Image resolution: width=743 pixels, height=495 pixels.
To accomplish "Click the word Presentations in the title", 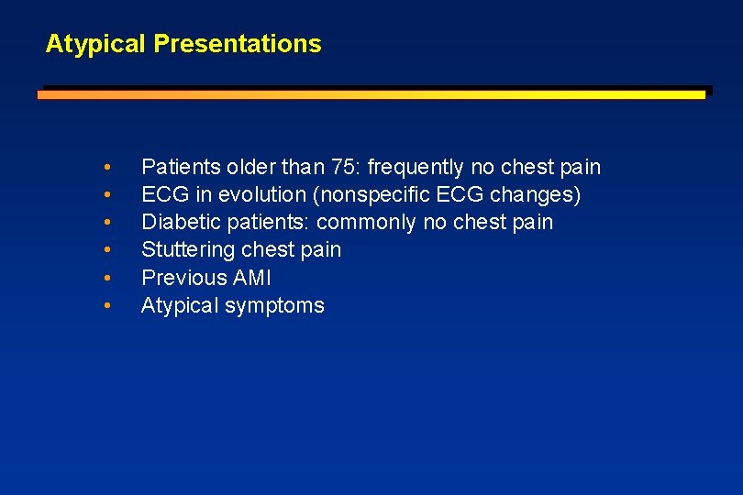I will [238, 43].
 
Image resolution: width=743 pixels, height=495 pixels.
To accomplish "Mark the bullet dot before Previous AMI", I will [108, 278].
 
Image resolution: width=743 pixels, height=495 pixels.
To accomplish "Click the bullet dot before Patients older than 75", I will [108, 168].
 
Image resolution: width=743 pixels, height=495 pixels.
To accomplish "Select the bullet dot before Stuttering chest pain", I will [108, 250].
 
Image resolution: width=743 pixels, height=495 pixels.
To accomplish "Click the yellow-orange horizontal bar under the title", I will [371, 93].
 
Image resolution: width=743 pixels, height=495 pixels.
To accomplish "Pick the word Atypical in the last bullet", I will [178, 305].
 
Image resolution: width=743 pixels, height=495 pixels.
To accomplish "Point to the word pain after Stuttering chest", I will [321, 249].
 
